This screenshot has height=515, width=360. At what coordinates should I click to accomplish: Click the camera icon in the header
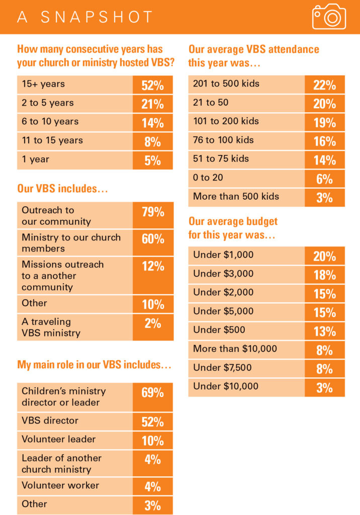329,17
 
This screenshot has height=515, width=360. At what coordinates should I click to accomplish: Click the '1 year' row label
35,159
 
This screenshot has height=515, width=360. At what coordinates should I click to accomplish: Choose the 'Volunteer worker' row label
60,485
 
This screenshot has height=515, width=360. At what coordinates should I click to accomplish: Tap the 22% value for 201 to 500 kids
325,85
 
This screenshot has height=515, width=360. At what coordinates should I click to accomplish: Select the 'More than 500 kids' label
236,196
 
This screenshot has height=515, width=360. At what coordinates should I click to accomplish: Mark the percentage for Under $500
325,331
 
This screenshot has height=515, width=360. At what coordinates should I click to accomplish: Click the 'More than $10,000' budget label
235,349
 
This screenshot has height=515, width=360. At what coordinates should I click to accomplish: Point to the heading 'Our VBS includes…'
63,189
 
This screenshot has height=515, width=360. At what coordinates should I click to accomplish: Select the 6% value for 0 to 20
325,179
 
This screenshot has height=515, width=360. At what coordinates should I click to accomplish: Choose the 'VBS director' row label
50,420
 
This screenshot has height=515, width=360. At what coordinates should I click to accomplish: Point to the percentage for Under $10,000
325,387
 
